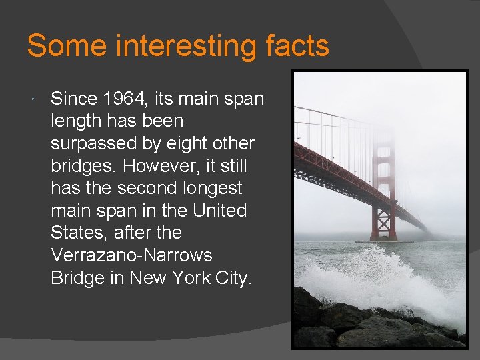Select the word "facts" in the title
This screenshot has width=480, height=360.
[296, 47]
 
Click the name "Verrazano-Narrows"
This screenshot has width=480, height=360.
[131, 255]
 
